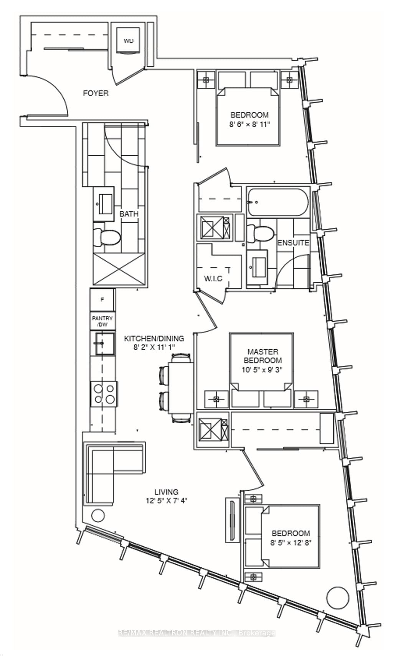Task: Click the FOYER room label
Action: click(x=96, y=93)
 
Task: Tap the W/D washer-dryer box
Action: click(x=128, y=41)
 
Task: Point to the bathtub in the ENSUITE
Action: click(x=277, y=202)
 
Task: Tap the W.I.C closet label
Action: click(x=213, y=278)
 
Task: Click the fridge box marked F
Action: click(x=102, y=300)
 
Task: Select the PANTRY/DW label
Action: click(x=102, y=321)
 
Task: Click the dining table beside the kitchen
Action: click(x=181, y=388)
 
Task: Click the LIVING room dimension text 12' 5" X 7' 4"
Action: click(x=166, y=500)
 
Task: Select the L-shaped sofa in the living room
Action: click(x=104, y=466)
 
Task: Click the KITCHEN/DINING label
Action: click(x=154, y=339)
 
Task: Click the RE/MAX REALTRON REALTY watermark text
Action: click(x=196, y=633)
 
